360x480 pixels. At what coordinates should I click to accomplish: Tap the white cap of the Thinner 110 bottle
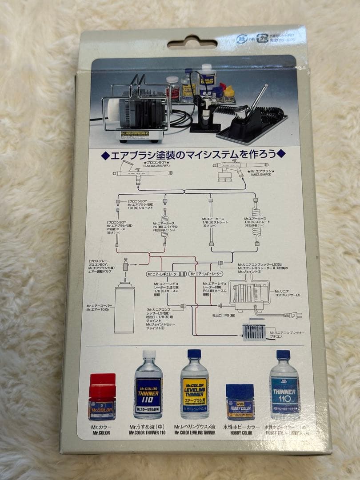coord(149,355)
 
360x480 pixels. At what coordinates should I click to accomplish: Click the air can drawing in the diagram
coord(124,307)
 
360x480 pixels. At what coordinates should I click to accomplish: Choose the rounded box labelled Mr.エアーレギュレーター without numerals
coord(206,274)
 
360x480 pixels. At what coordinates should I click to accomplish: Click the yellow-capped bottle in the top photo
coord(229,93)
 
